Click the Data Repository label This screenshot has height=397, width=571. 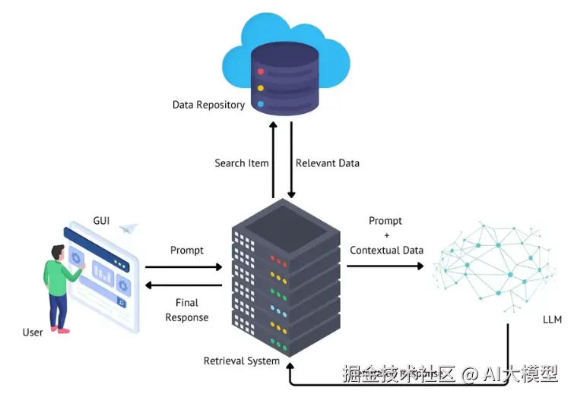click(208, 105)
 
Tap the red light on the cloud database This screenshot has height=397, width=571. click(261, 71)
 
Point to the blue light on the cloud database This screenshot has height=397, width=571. click(261, 104)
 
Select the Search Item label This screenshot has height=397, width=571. click(240, 163)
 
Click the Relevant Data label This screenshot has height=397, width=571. click(327, 163)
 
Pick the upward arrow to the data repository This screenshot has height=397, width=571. click(273, 159)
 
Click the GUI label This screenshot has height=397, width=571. click(101, 221)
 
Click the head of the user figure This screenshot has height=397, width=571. click(56, 252)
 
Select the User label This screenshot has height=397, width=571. click(33, 332)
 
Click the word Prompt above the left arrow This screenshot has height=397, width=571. click(187, 250)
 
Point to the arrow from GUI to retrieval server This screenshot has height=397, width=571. click(183, 267)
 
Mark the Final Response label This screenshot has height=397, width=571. click(187, 310)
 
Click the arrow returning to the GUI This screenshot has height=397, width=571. click(183, 285)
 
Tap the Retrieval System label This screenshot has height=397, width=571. click(242, 361)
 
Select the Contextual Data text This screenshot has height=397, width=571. click(386, 250)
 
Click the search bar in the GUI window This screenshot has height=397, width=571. click(103, 302)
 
